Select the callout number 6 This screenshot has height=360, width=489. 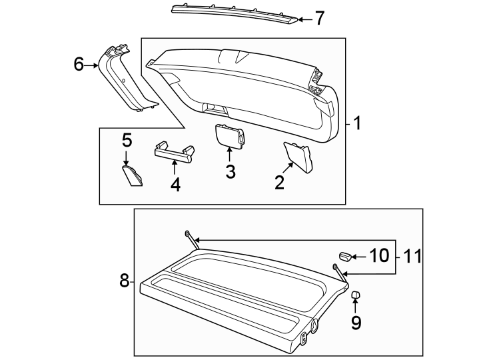point(79,65)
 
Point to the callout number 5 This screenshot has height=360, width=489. point(127,141)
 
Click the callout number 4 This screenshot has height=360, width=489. point(175,183)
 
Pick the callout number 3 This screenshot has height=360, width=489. point(230,171)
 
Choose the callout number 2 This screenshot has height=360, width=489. point(279,181)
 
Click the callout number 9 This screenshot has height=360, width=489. point(356,323)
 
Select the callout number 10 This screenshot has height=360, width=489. point(377,256)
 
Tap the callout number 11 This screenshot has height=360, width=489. point(413,256)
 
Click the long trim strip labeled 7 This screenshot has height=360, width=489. point(233,13)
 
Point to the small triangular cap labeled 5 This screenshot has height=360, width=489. point(133,177)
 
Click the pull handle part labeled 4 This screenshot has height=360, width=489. point(174,152)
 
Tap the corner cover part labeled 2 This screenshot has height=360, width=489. point(298,157)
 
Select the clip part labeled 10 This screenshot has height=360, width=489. point(344,256)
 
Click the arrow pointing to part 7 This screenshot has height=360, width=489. point(304,19)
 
